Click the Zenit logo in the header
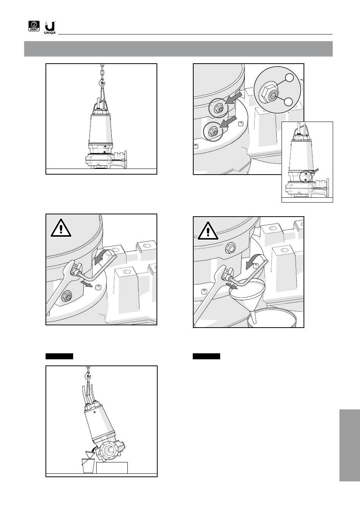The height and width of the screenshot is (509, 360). (x=34, y=26)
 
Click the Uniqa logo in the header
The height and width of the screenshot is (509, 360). (x=50, y=28)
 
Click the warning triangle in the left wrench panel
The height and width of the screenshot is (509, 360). (x=61, y=228)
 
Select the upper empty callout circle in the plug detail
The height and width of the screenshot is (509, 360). (x=289, y=78)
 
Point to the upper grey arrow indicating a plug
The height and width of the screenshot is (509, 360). (x=233, y=98)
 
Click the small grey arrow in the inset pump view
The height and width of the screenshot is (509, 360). (x=315, y=171)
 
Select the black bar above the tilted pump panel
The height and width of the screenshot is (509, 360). (x=59, y=356)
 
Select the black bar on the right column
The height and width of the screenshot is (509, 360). (x=207, y=356)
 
